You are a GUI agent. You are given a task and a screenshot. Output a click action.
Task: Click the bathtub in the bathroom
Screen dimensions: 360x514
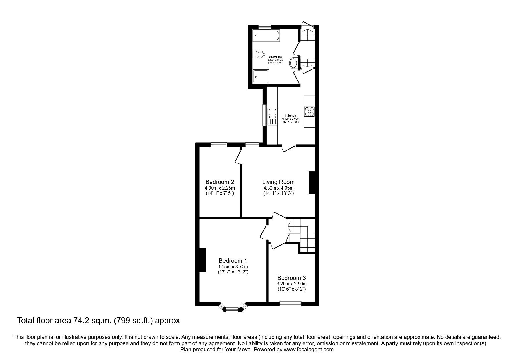coord(266,36)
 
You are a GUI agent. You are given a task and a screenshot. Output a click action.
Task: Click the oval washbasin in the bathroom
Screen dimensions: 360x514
coord(294,63)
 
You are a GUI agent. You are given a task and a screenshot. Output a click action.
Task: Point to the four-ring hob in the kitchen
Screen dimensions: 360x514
coord(309,111)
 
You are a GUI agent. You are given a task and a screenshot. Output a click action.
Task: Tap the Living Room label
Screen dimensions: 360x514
coord(278,182)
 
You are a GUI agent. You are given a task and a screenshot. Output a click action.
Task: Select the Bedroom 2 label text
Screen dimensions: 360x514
coord(219,182)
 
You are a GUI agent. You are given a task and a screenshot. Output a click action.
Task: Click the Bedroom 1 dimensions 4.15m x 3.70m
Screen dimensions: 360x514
coord(233,267)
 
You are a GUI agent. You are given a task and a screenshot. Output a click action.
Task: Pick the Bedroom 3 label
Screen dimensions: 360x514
coord(291,278)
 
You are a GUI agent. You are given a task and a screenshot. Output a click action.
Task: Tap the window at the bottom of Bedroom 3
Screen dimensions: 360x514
coord(290,304)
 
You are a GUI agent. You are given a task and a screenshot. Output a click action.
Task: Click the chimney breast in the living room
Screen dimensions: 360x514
coord(311,182)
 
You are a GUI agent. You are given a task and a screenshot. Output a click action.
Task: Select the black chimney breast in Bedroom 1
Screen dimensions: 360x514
coord(202,260)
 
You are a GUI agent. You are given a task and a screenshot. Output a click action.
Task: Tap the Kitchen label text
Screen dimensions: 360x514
coord(291,116)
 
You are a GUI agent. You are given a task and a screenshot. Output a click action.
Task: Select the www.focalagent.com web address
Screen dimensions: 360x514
coord(309,350)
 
